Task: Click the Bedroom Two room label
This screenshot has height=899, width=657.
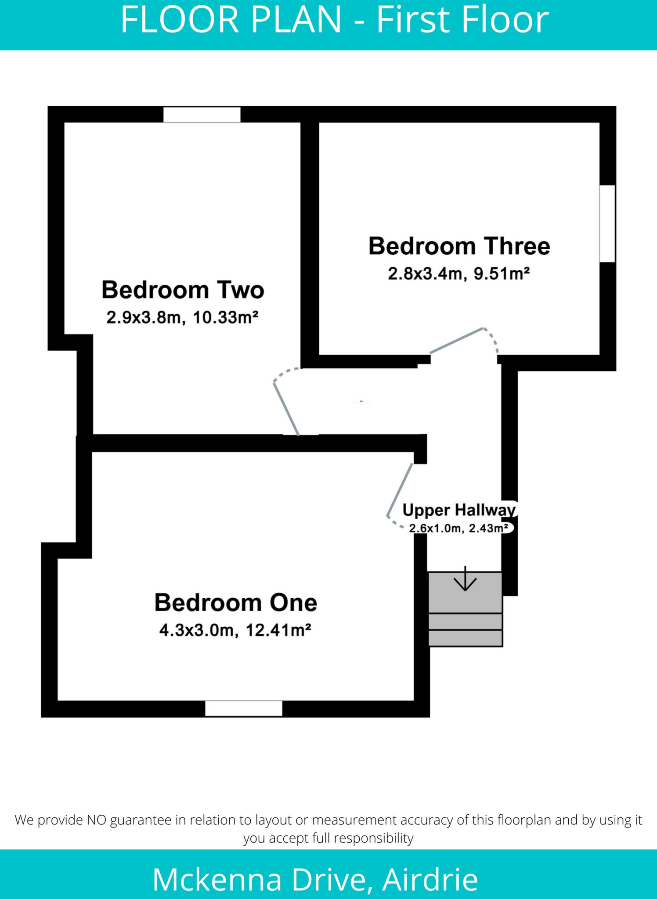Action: click(x=183, y=290)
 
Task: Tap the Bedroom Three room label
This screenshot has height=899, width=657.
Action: click(x=459, y=246)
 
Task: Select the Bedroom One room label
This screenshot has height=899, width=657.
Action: click(x=235, y=603)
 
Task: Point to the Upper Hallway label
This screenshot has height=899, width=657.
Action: click(x=458, y=510)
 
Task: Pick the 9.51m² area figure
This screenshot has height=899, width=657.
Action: click(x=502, y=273)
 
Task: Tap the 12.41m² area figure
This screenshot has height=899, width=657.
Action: click(x=278, y=630)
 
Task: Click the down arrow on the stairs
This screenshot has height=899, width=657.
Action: click(x=465, y=579)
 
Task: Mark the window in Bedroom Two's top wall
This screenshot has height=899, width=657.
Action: click(x=202, y=115)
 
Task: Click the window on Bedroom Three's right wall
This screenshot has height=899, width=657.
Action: click(x=607, y=224)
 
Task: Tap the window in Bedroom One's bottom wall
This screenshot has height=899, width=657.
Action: click(x=244, y=708)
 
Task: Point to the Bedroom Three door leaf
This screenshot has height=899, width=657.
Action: click(x=457, y=341)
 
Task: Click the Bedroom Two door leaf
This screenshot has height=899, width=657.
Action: click(x=286, y=409)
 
